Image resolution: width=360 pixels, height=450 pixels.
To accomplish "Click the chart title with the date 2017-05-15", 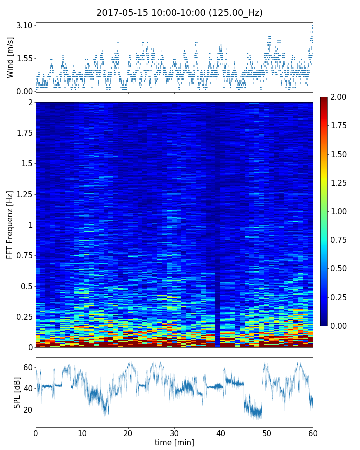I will [179, 13].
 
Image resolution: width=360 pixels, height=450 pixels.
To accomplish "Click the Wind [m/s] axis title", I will [10, 57].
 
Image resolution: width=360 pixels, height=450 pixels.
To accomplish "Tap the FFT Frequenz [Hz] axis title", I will [10, 224].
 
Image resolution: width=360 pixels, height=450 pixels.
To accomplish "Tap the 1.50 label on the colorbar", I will [340, 154].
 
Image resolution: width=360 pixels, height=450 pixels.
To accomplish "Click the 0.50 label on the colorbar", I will [340, 268].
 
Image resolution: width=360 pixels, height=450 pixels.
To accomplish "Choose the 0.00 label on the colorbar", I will [340, 326].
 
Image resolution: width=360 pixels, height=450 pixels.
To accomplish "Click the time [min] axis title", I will [174, 442].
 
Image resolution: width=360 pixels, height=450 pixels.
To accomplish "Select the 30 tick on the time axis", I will [174, 432].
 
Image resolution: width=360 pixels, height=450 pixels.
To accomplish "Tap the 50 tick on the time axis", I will [267, 432].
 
